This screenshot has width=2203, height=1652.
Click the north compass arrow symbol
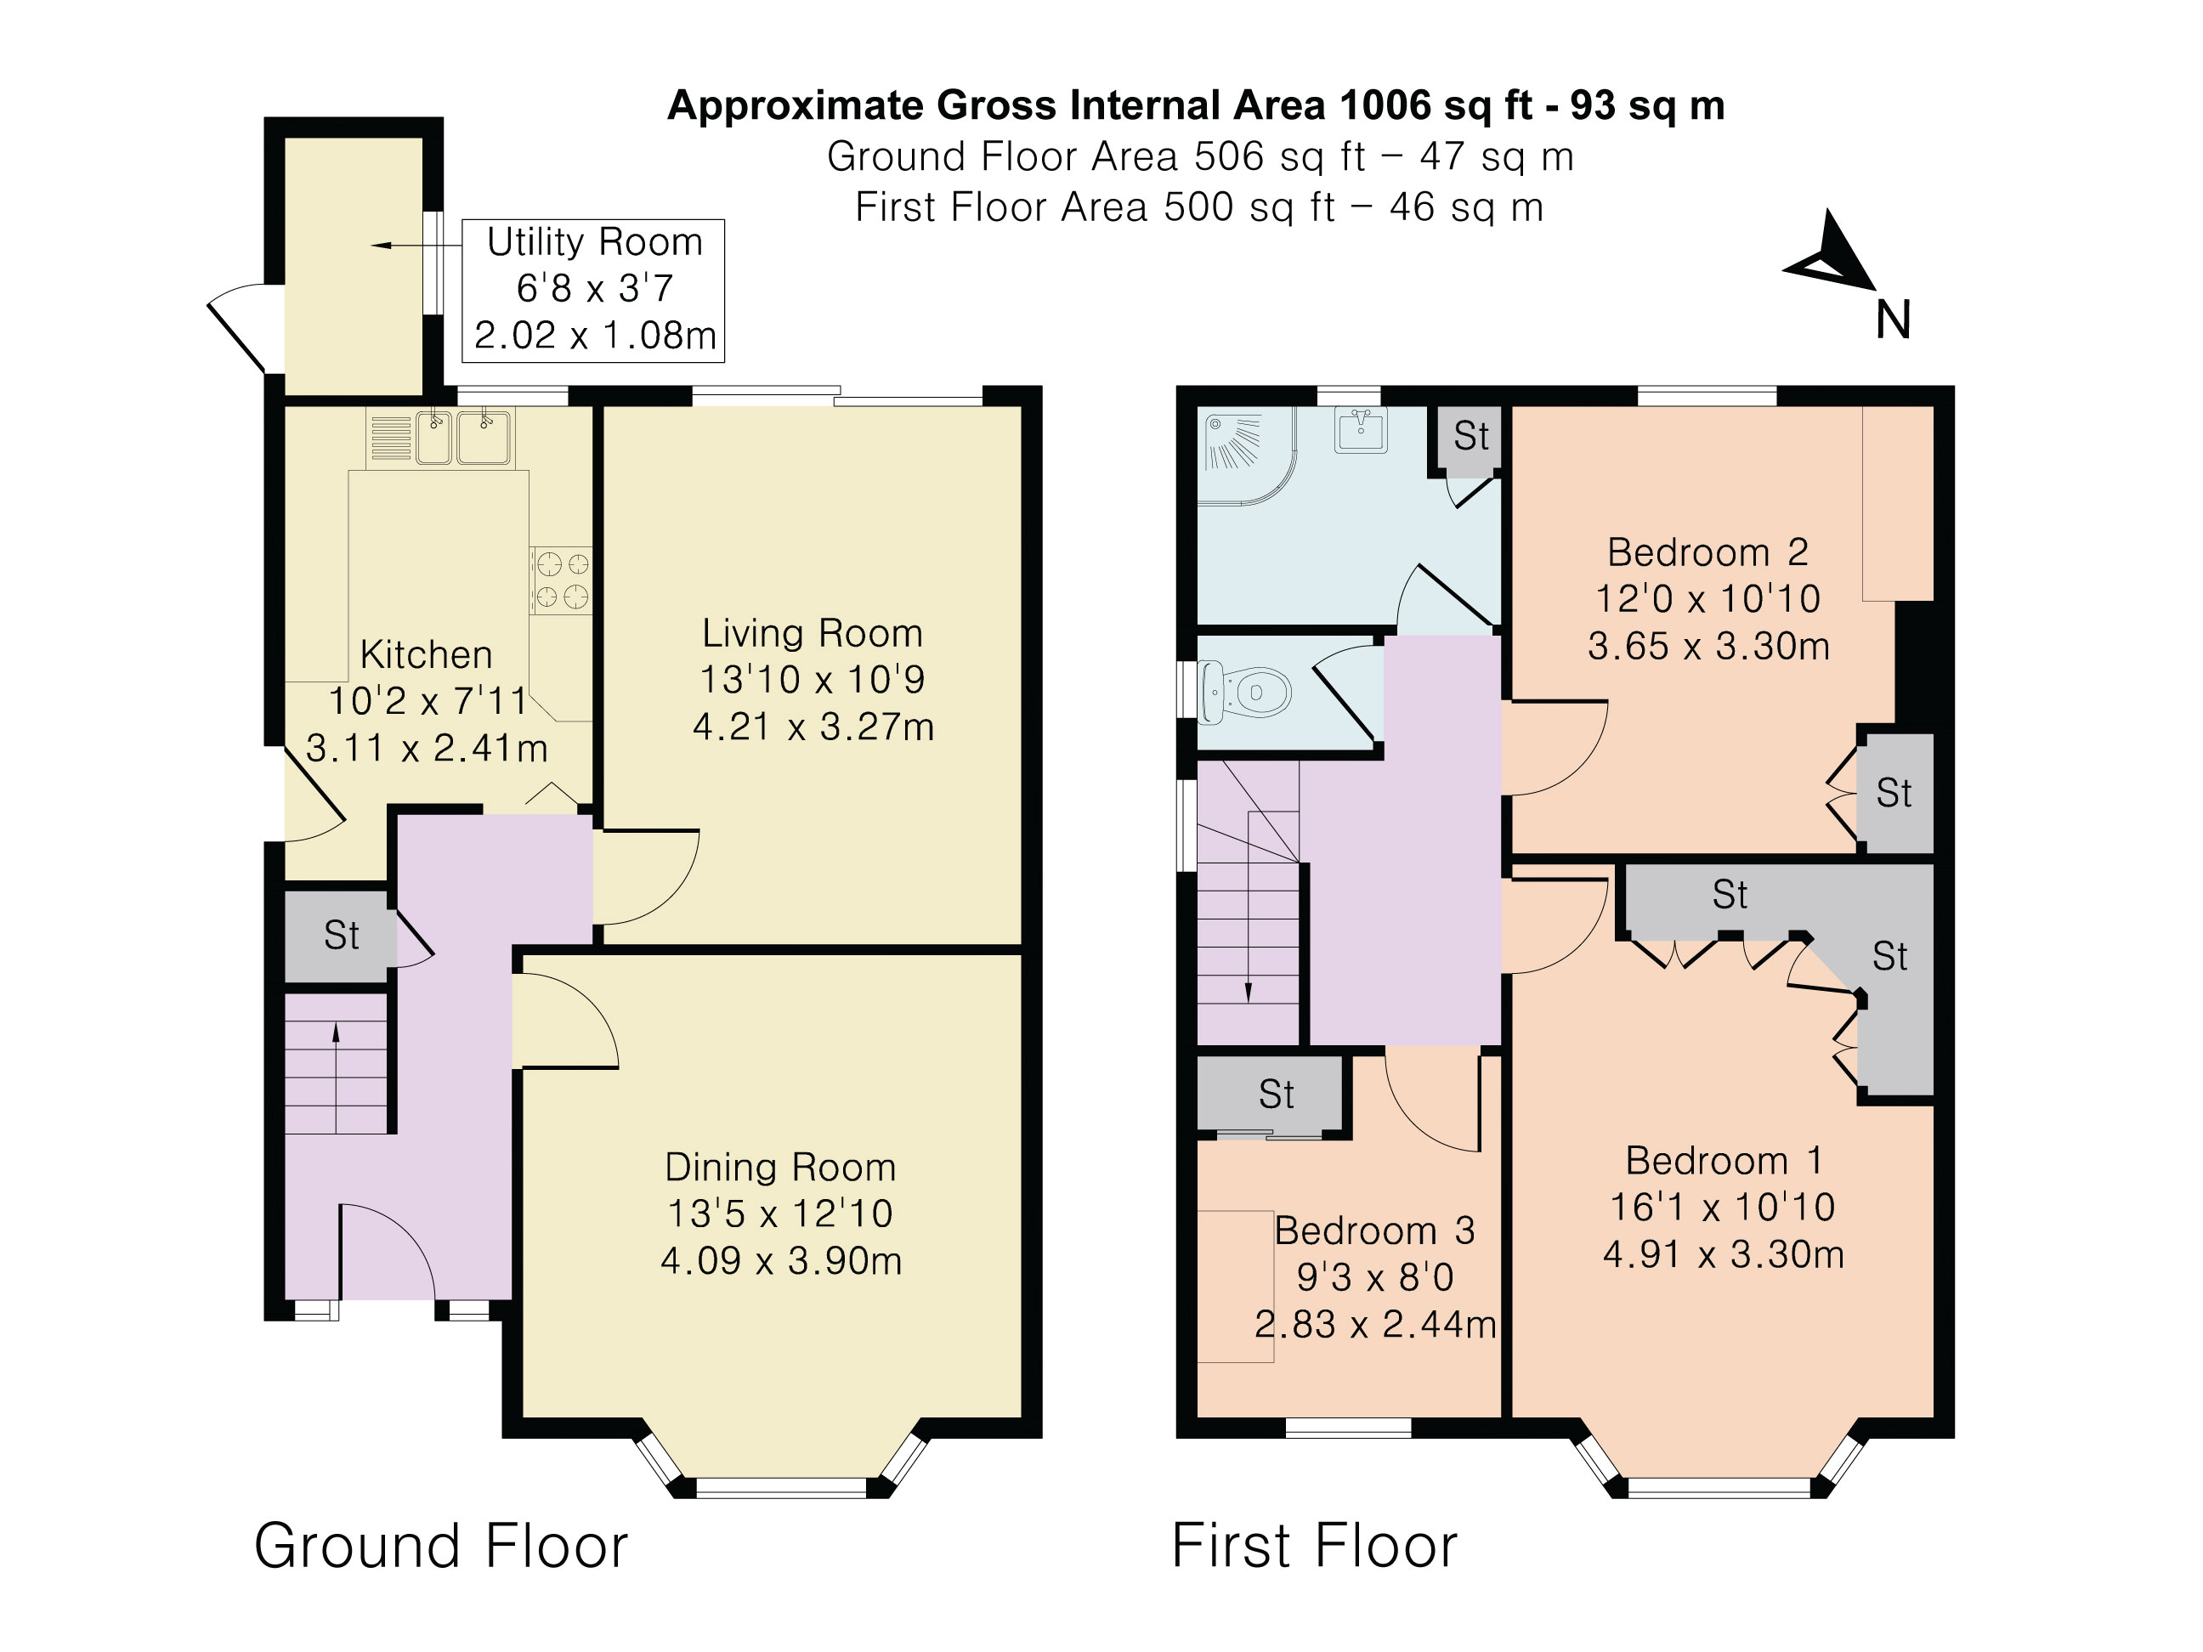(1831, 255)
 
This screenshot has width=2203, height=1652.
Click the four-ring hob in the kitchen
(562, 580)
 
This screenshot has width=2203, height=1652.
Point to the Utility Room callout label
(593, 290)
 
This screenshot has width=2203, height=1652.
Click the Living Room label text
(813, 633)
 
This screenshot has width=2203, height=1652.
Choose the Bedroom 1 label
(1724, 1160)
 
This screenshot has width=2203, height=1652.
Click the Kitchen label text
(427, 654)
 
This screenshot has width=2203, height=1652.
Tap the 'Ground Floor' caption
(441, 1546)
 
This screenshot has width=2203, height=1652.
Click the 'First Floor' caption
(1315, 1546)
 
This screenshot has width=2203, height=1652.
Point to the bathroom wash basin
(1361, 430)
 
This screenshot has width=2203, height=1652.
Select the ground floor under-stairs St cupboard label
(342, 935)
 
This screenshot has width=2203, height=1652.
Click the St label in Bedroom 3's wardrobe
(1276, 1095)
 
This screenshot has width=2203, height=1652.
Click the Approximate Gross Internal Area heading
(1196, 105)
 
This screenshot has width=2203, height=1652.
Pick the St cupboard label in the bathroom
(1471, 435)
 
